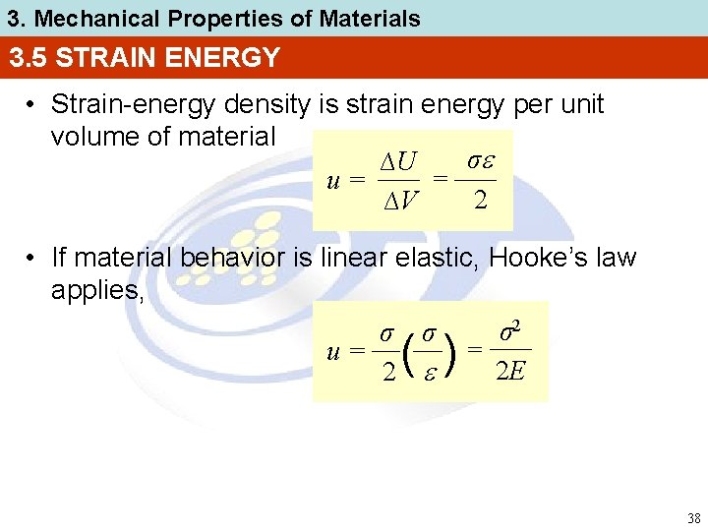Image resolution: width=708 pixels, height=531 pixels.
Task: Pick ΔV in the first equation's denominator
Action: tap(400, 203)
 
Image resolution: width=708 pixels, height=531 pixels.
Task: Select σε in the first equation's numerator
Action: tap(479, 160)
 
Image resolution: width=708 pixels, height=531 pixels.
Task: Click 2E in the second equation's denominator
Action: tap(509, 372)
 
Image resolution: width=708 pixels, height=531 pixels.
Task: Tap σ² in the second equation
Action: tap(510, 330)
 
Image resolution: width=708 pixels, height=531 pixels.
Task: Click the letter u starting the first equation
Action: tap(333, 180)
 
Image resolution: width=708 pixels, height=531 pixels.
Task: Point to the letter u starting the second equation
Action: tap(333, 350)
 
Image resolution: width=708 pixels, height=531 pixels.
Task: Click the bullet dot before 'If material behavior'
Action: tap(32, 259)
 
